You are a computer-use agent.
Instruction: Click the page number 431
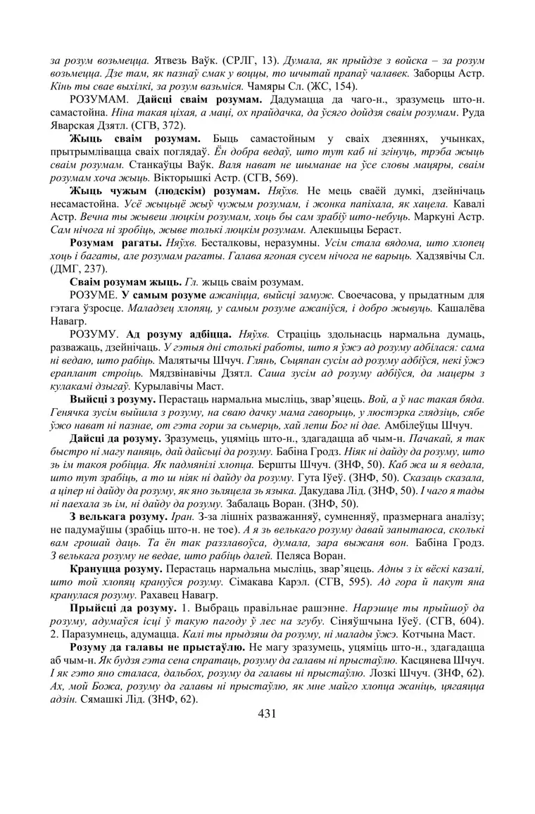tap(267, 713)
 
